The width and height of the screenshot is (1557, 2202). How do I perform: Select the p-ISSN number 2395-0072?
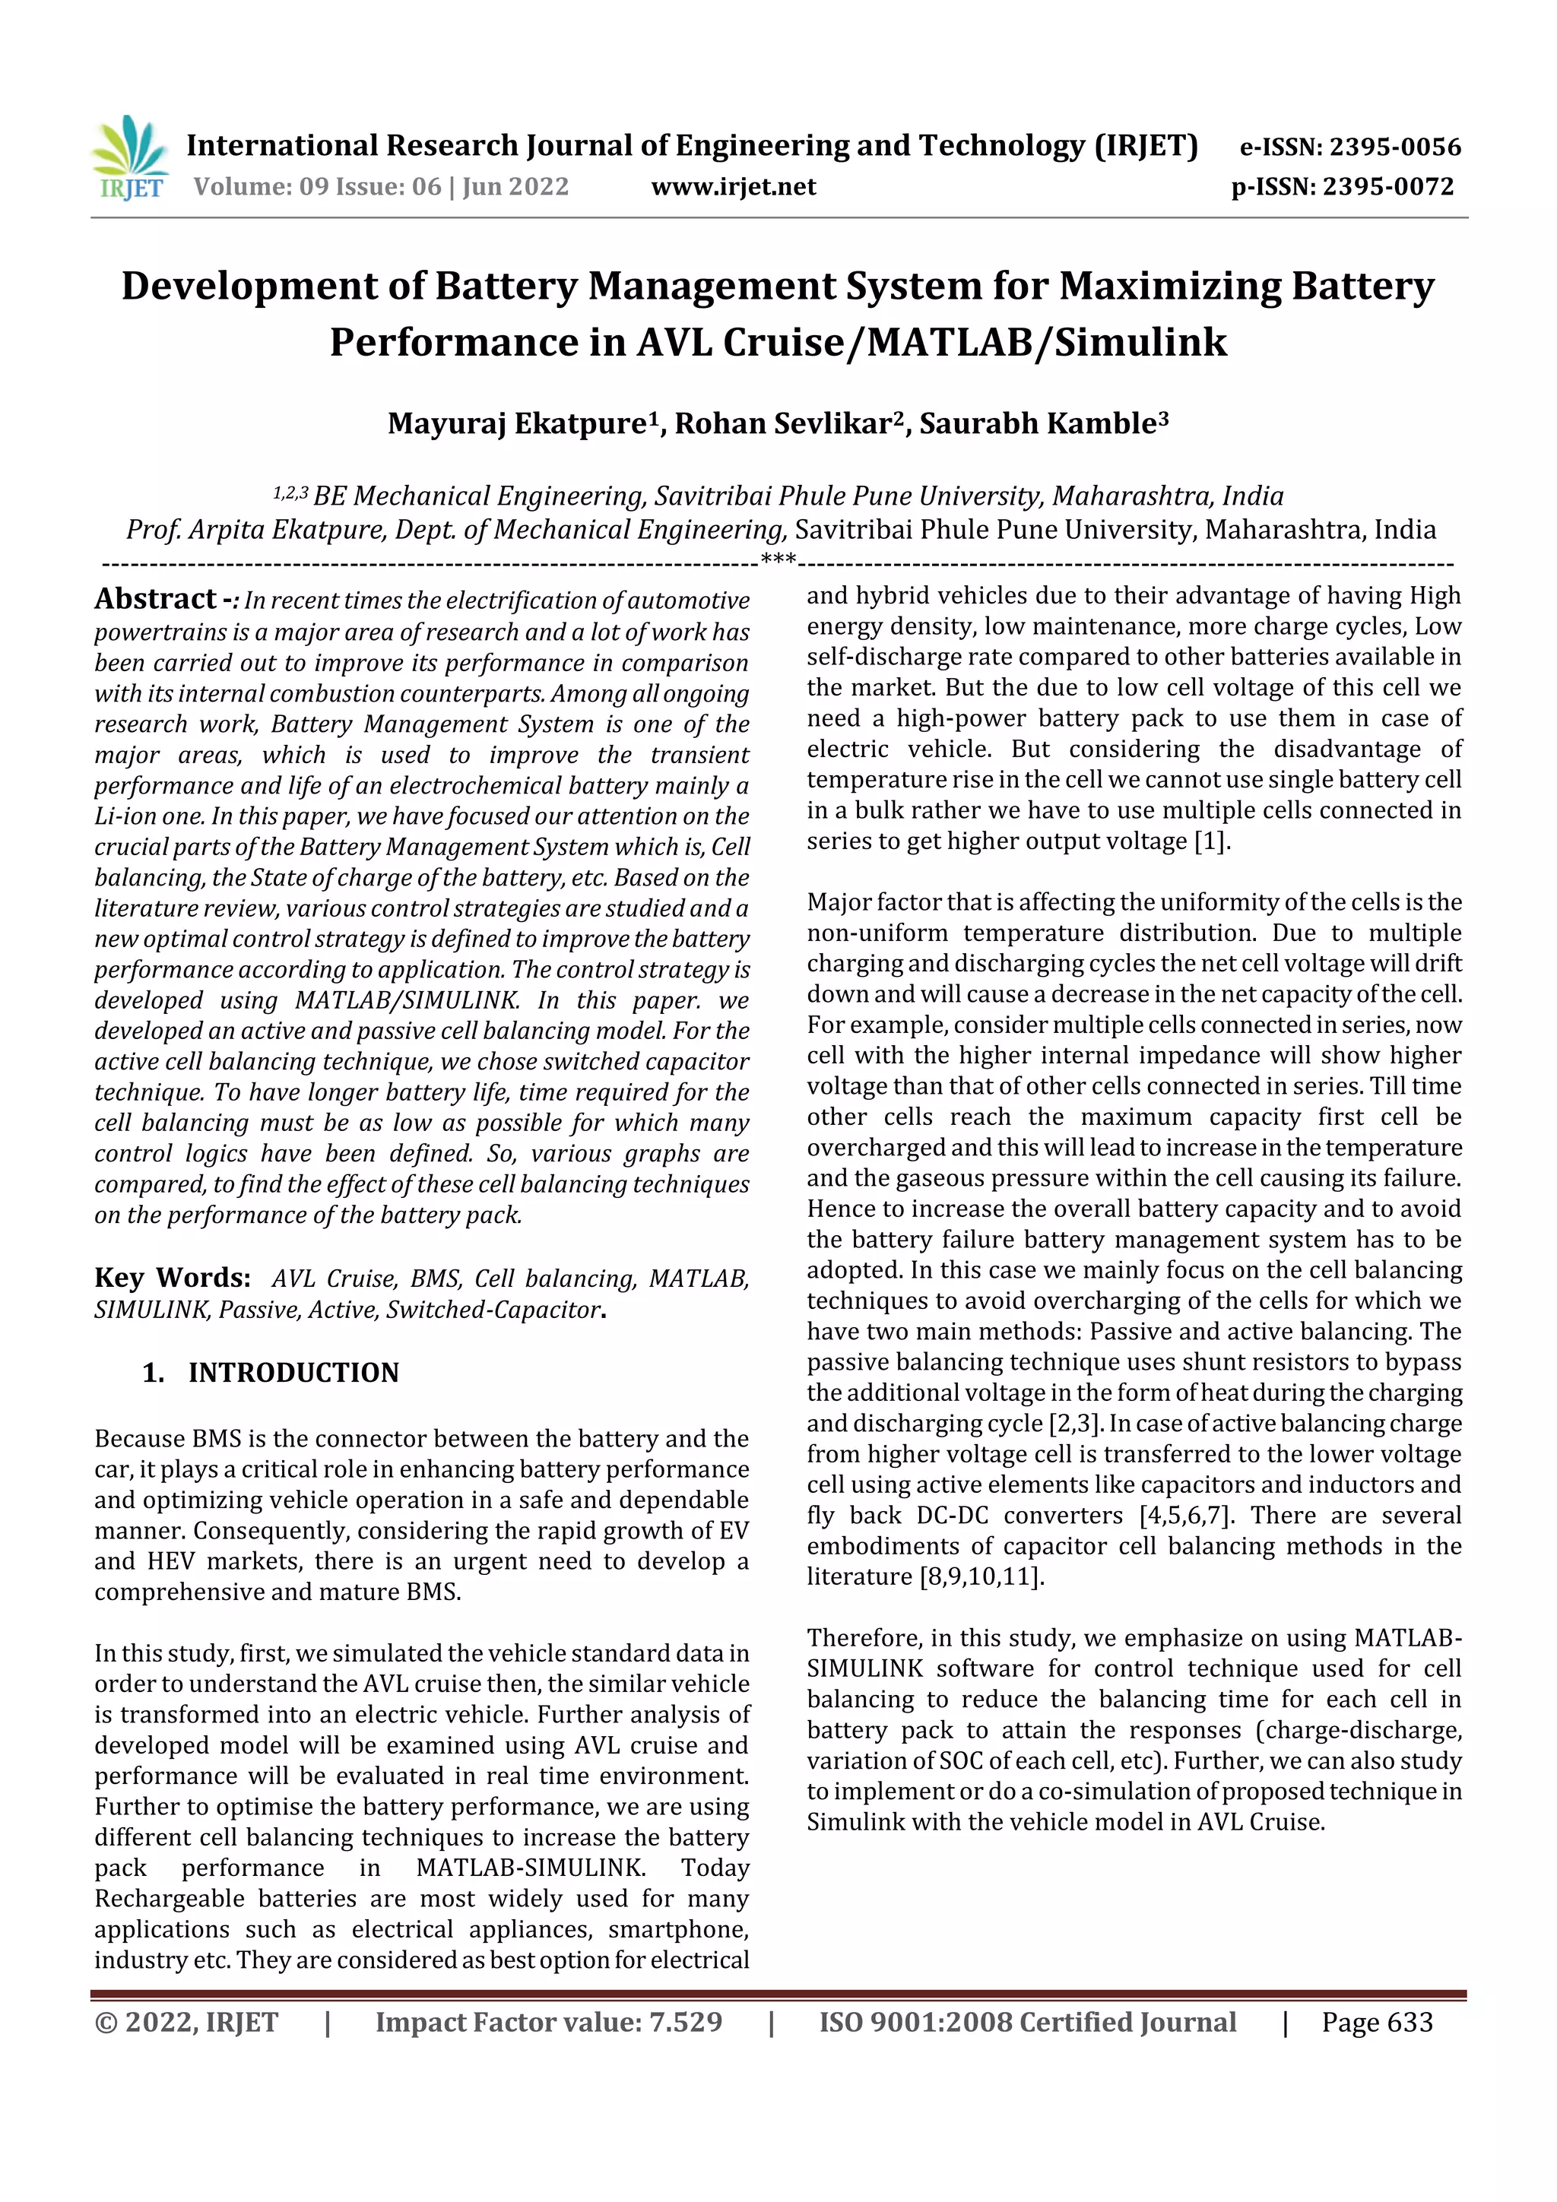[x=1388, y=186]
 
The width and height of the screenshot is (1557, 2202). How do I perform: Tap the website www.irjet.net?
[x=733, y=186]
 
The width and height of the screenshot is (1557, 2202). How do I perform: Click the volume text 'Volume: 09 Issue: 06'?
[x=318, y=186]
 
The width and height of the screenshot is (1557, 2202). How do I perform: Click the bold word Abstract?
[x=155, y=600]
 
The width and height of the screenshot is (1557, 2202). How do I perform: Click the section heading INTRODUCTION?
[x=293, y=1373]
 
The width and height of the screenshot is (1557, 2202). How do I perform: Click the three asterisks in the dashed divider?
[x=777, y=560]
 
